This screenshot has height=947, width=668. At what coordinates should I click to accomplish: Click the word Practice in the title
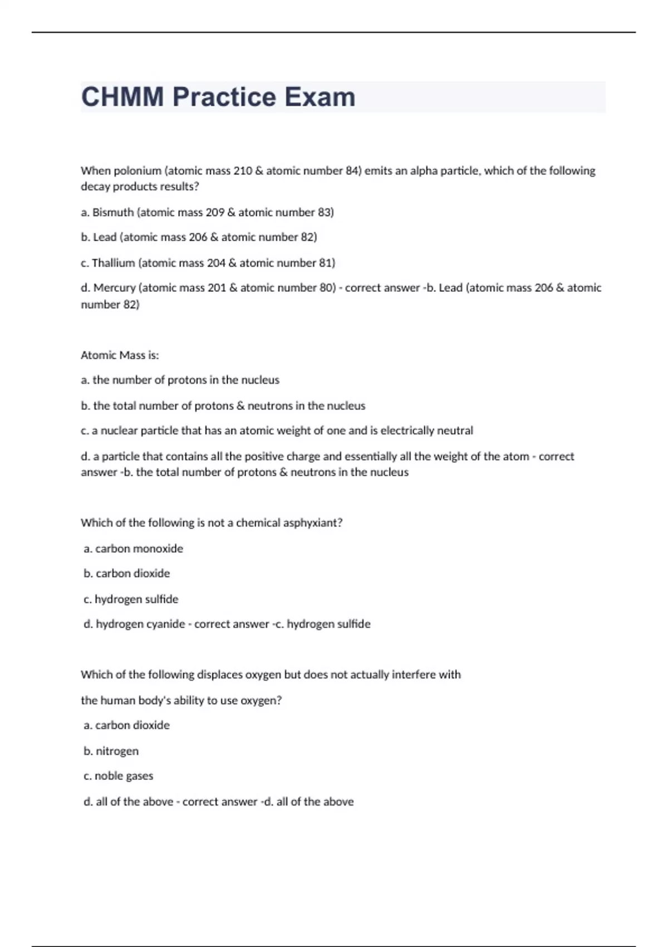(x=224, y=97)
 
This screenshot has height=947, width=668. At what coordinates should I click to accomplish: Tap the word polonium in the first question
(x=137, y=170)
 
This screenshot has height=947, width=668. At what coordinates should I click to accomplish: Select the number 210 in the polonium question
(x=243, y=170)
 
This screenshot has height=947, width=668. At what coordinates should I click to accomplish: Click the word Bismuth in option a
(x=113, y=212)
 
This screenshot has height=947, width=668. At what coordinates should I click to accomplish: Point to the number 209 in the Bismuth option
(x=215, y=212)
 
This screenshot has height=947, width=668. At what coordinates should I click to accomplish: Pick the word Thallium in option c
(x=114, y=263)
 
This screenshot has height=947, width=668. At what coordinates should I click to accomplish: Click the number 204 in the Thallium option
(x=216, y=263)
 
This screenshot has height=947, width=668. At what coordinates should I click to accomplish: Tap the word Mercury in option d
(x=115, y=288)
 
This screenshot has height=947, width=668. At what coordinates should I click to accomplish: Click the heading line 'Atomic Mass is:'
(x=120, y=355)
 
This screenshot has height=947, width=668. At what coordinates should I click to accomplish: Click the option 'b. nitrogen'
(x=111, y=751)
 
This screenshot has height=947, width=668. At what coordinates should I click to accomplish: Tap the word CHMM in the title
(x=122, y=97)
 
